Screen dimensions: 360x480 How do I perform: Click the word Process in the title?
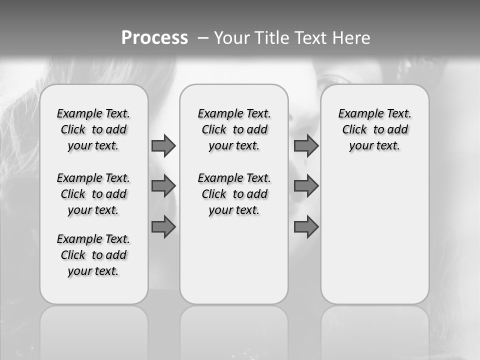click(154, 37)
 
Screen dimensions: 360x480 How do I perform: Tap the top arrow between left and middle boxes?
click(163, 145)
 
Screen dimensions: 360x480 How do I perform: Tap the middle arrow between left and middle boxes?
click(163, 186)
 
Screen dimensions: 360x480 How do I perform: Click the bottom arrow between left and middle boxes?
click(163, 226)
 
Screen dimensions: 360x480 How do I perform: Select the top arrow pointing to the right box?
click(306, 145)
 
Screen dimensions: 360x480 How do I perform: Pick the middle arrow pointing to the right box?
click(306, 186)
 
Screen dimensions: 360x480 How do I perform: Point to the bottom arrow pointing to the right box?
click(306, 226)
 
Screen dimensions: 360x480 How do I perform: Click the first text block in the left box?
click(93, 129)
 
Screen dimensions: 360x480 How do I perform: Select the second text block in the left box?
click(93, 194)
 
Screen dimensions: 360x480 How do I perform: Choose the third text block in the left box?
click(93, 255)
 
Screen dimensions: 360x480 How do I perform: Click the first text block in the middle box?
click(234, 129)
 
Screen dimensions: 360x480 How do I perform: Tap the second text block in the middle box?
click(234, 194)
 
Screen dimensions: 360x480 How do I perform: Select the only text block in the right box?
click(375, 129)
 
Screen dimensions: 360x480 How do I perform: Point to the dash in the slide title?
click(203, 38)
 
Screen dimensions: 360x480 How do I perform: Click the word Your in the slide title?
click(231, 38)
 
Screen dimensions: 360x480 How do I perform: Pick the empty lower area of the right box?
click(375, 235)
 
